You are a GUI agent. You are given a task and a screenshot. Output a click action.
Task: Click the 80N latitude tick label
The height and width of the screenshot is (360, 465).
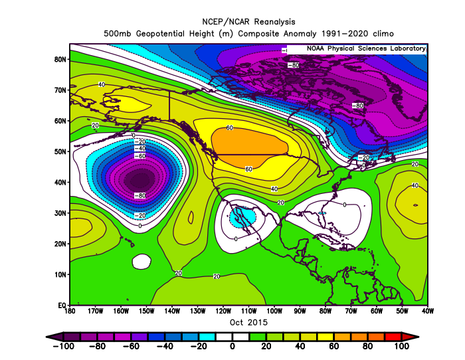point(60,60)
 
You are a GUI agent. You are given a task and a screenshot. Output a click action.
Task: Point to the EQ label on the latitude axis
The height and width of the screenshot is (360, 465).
point(62,306)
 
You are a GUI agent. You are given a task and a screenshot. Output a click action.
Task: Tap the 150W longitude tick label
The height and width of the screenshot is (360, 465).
point(147,311)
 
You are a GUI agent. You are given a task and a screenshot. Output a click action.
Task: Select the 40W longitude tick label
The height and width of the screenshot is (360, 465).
point(427,311)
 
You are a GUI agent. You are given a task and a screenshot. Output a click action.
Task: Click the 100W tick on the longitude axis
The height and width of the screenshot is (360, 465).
point(274,311)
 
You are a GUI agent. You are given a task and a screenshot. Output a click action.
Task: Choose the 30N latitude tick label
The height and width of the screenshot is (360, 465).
point(60,213)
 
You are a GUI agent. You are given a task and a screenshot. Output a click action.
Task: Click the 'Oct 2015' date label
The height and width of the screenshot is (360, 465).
point(248,322)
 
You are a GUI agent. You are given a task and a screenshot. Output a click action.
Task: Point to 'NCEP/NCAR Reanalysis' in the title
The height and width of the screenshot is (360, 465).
point(248,22)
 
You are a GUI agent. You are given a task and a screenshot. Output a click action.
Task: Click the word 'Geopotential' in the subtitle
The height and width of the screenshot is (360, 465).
point(160,34)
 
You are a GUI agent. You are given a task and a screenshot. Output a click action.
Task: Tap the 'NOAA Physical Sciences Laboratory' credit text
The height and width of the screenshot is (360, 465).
point(366,48)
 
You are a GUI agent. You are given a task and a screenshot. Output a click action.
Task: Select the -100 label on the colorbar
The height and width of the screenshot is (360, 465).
point(64,346)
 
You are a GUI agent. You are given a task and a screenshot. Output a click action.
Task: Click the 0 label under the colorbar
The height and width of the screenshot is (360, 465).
point(232,346)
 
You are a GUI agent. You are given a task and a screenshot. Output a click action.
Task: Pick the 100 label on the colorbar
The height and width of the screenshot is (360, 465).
point(401,346)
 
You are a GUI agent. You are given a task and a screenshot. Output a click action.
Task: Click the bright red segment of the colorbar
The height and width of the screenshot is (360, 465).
point(393,337)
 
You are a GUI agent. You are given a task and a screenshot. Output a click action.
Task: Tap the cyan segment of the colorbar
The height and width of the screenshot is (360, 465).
point(207,337)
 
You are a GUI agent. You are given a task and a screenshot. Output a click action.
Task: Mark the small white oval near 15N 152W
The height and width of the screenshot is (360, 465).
point(141,262)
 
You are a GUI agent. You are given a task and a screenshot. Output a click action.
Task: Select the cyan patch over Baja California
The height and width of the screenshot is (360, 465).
point(242,217)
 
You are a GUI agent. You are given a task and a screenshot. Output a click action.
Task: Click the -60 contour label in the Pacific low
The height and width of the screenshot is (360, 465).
point(140,156)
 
